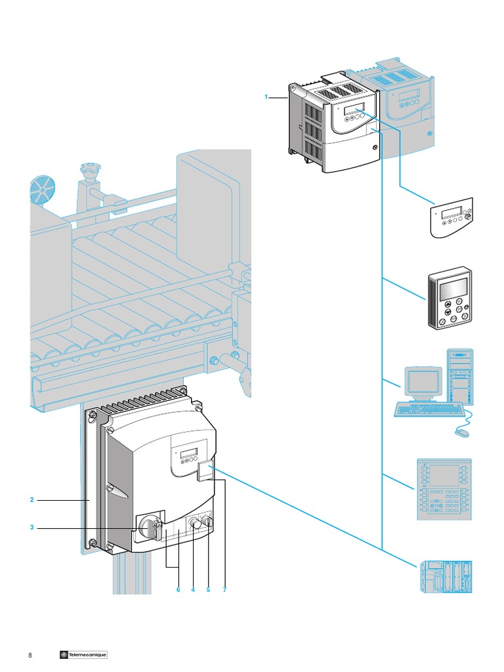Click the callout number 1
[266, 97]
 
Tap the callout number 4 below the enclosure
[193, 590]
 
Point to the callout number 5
[208, 590]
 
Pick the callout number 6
[177, 590]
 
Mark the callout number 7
[224, 590]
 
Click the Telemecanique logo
[83, 655]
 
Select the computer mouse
[460, 432]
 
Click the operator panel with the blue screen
[444, 490]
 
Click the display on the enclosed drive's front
[189, 453]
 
